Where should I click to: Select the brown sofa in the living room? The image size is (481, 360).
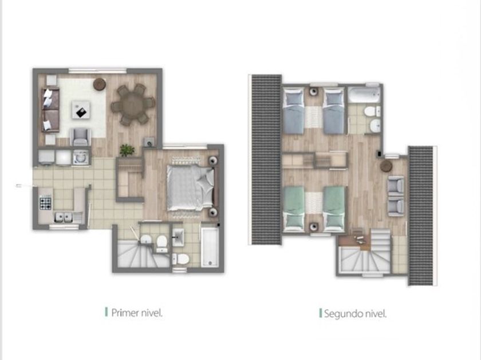pyautogui.click(x=50, y=110)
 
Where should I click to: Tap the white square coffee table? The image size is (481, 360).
pyautogui.click(x=81, y=110)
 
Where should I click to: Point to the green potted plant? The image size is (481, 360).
pyautogui.click(x=127, y=150)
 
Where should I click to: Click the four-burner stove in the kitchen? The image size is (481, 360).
pyautogui.click(x=45, y=203)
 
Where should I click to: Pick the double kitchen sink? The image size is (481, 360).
pyautogui.click(x=64, y=218)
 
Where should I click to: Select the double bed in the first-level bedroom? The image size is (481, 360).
pyautogui.click(x=190, y=187)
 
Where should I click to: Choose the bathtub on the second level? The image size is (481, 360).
pyautogui.click(x=364, y=95)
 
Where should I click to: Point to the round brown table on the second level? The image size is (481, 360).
pyautogui.click(x=386, y=166)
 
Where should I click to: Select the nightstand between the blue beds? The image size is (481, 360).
pyautogui.click(x=313, y=92)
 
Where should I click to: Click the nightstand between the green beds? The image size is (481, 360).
pyautogui.click(x=313, y=227)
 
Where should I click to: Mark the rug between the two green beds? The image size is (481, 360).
pyautogui.click(x=314, y=203)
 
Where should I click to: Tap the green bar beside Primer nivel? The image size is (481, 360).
pyautogui.click(x=106, y=312)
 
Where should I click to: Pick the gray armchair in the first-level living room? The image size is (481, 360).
pyautogui.click(x=81, y=137)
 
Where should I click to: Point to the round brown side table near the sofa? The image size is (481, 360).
pyautogui.click(x=100, y=84)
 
